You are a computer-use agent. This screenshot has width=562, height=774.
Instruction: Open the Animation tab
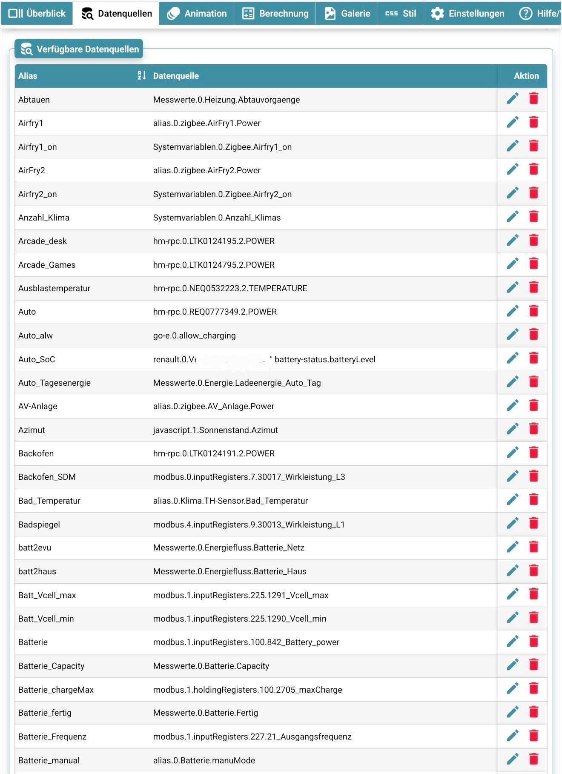point(197,14)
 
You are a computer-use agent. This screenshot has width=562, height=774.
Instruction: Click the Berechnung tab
point(275,14)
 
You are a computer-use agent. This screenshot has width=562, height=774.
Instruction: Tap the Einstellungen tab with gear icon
point(467,14)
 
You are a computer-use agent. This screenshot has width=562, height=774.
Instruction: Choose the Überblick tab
point(37,14)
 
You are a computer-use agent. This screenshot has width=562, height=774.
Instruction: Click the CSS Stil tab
point(400,14)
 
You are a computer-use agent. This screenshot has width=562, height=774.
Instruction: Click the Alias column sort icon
point(142,76)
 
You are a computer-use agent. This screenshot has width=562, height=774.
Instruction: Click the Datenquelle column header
point(176,76)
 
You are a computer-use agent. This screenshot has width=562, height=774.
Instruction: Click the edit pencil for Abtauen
point(513,99)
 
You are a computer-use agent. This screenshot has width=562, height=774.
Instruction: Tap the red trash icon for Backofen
point(533,453)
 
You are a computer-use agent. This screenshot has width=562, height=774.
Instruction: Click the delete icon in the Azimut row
point(533,429)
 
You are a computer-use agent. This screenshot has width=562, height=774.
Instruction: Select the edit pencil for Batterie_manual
point(513,759)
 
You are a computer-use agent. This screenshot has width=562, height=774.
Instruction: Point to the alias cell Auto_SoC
point(37,359)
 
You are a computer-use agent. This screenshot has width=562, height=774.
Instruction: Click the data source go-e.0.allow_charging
point(194,335)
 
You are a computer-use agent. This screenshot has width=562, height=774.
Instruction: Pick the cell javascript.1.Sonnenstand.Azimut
point(215,430)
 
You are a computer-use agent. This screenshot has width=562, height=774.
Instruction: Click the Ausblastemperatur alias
point(54,288)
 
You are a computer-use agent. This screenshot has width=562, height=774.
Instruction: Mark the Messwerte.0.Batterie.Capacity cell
point(211,666)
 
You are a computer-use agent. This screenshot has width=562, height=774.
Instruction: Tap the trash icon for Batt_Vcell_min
point(533,618)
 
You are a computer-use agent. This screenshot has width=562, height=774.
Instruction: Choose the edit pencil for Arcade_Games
point(513,264)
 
